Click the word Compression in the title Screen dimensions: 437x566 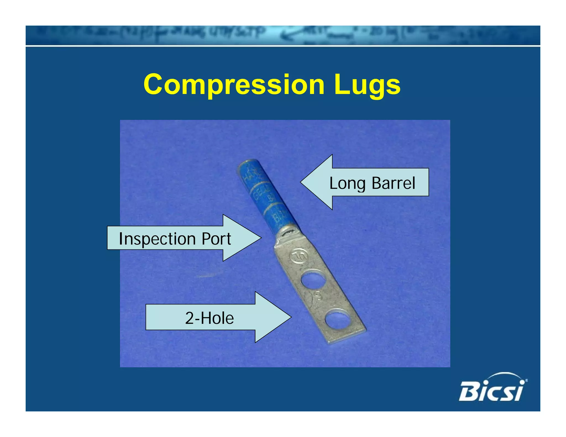(x=234, y=85)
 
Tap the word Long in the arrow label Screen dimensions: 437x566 (x=347, y=183)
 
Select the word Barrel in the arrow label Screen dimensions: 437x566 (x=393, y=183)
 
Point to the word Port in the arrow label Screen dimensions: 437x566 (x=216, y=239)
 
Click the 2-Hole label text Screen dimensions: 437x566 (x=209, y=318)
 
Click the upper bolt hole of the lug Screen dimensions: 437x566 (x=313, y=281)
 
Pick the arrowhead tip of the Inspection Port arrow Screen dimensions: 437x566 (x=261, y=238)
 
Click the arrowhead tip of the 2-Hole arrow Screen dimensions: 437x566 (x=291, y=317)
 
